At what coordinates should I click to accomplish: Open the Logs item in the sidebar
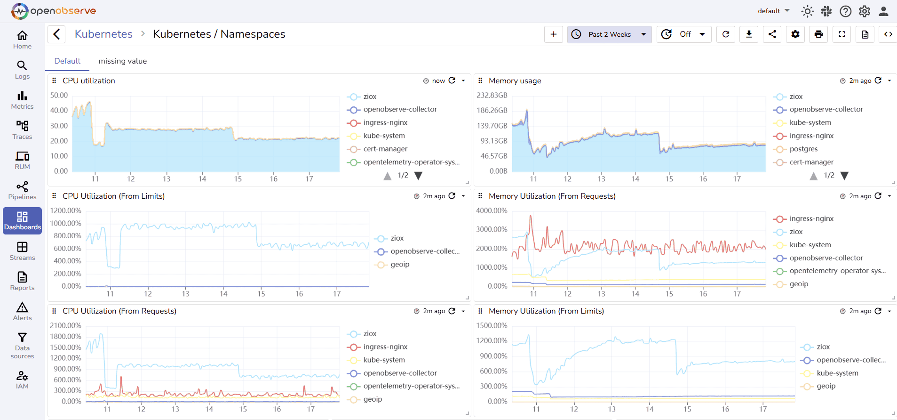22,70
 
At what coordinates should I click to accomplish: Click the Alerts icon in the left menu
22,311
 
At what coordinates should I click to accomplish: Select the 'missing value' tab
122,61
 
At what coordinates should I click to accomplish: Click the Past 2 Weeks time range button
609,34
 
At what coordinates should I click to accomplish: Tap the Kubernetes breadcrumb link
103,34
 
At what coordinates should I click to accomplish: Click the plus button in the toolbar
554,34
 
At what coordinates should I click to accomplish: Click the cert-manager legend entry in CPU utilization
385,149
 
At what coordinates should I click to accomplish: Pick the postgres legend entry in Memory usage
803,149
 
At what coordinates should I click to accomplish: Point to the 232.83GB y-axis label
492,95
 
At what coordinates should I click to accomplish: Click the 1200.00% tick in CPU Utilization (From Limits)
66,210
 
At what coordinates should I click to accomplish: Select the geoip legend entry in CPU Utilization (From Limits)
399,265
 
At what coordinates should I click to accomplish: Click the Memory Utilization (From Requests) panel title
552,196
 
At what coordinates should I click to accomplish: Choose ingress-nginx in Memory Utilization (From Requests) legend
811,218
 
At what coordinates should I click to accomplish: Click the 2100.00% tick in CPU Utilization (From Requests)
66,325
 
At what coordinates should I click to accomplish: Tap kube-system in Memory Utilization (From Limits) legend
837,373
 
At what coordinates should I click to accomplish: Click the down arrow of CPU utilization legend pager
418,176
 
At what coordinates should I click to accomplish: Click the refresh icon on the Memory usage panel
878,81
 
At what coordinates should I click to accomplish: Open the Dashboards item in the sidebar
22,221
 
